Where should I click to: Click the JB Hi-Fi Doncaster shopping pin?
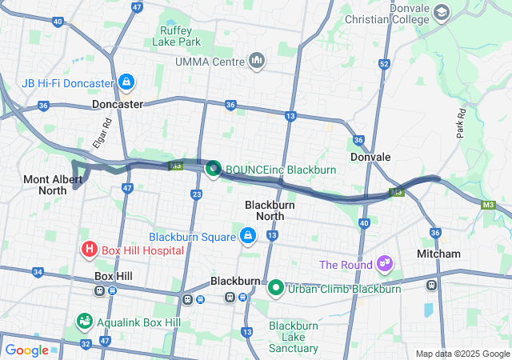(126, 82)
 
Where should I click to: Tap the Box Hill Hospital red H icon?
(89, 250)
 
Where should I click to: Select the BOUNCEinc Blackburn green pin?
(214, 169)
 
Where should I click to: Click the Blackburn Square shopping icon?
(248, 237)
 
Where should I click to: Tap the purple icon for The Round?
(386, 263)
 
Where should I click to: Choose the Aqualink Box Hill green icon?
(84, 322)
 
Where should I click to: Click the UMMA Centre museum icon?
(257, 61)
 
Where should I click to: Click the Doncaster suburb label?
(117, 104)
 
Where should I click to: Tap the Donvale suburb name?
(370, 157)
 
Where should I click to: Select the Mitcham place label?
(438, 254)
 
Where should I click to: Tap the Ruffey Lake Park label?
(177, 35)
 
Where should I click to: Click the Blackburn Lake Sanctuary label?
(294, 337)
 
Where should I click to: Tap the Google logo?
(26, 350)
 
